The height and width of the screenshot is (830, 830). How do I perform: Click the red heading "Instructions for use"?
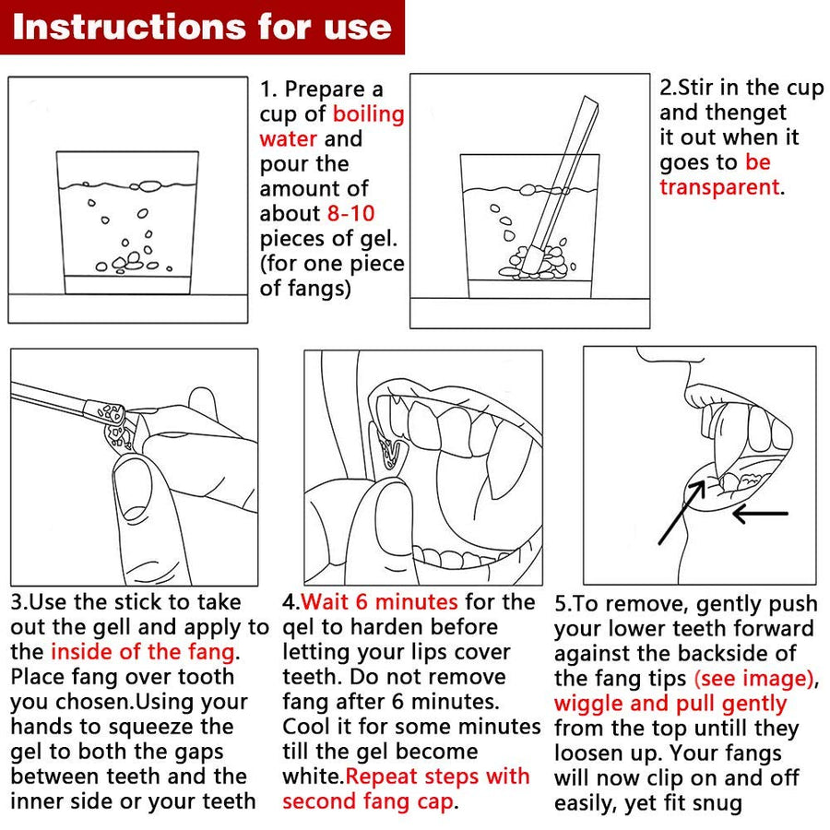pos(202,27)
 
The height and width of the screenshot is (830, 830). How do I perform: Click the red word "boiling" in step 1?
pos(368,113)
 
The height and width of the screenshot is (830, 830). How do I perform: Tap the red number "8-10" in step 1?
pos(351,213)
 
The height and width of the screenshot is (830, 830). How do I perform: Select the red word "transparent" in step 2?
pos(719,187)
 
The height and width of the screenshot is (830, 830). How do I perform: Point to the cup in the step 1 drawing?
pos(127,222)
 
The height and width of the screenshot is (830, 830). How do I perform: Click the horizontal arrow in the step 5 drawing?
pos(761,513)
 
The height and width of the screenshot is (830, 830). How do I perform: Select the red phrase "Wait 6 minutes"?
pos(380,602)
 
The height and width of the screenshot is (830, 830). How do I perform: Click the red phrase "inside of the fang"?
pos(142,652)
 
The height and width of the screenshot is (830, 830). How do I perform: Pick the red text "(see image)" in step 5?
pos(753,679)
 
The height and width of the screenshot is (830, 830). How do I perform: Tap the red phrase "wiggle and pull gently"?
pos(670,704)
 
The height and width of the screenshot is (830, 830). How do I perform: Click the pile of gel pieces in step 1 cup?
pos(131,263)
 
